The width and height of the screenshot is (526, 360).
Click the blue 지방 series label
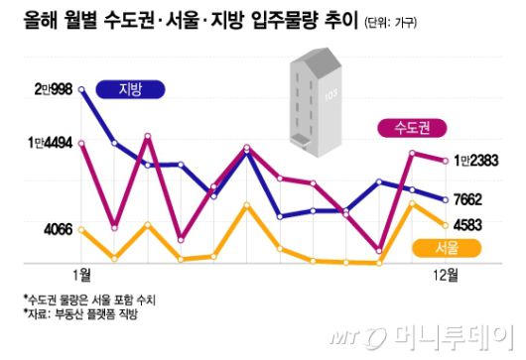point(131,89)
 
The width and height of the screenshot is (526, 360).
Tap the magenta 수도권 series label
point(411,128)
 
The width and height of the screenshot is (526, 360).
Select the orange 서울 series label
point(447,247)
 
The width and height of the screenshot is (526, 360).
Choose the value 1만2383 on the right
point(479,160)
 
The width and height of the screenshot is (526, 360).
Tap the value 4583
point(467,225)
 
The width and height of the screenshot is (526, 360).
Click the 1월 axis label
point(81,274)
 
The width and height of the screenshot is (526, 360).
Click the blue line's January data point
point(81,90)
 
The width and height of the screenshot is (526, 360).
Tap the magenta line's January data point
point(81,142)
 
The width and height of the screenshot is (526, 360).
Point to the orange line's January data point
point(81,231)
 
